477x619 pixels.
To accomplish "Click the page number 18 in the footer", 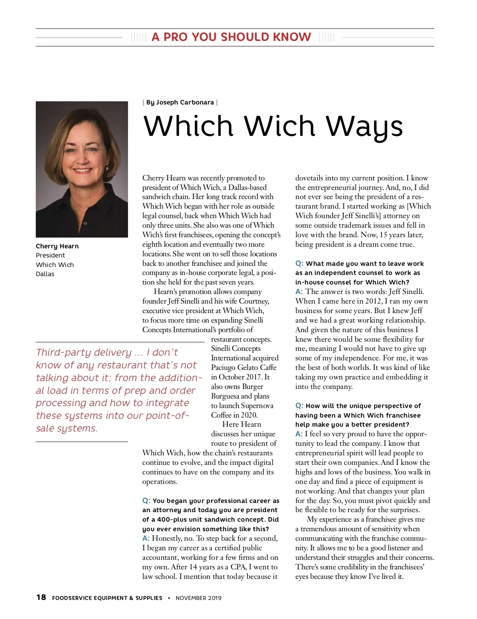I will pyautogui.click(x=41, y=597).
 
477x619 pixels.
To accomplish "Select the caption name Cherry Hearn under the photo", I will pyautogui.click(x=57, y=246).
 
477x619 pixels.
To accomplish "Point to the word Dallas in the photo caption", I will pyautogui.click(x=45, y=274).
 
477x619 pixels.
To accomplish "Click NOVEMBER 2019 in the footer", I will pyautogui.click(x=198, y=598).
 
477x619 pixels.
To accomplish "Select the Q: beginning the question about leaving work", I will pyautogui.click(x=299, y=263).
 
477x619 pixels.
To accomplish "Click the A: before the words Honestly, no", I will pyautogui.click(x=146, y=538).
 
